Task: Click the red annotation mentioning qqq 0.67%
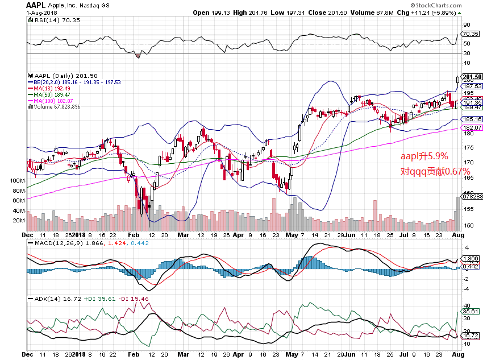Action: [435, 171]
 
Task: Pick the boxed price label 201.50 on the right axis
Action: [472, 77]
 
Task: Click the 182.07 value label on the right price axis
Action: [472, 127]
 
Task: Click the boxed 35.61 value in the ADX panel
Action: [472, 311]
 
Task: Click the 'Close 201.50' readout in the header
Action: [326, 12]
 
